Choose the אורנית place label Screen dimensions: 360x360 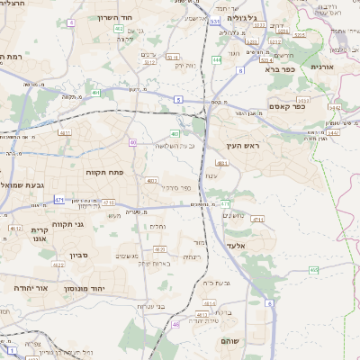tap(322, 67)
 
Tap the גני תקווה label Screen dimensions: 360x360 tap(67, 225)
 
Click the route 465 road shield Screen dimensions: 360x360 tap(313, 270)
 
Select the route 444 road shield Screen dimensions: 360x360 tap(217, 59)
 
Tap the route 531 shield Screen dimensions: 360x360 tap(214, 21)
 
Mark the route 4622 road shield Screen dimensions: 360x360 tap(15, 229)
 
